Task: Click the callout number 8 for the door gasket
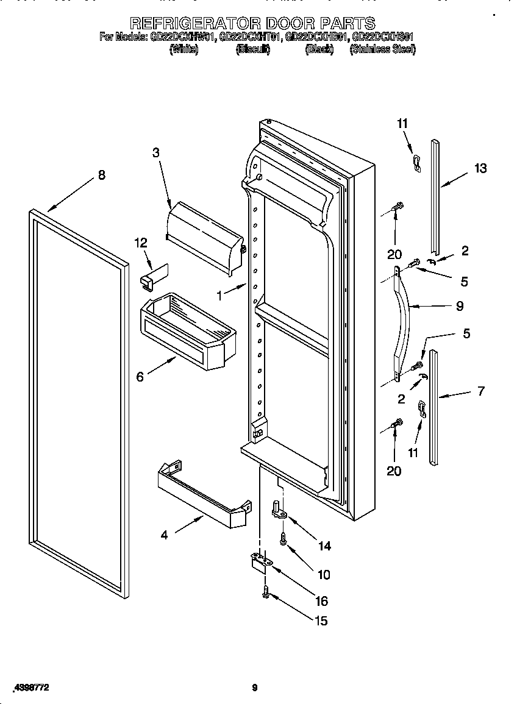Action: [101, 175]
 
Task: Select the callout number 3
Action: [156, 152]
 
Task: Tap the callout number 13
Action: [480, 168]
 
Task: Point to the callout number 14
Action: [324, 546]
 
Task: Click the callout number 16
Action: [321, 601]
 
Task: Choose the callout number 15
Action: [321, 620]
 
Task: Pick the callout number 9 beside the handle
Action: [459, 306]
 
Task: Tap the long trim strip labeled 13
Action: [435, 195]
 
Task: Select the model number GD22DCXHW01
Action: [182, 37]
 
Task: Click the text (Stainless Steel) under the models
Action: [382, 49]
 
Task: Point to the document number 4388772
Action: [30, 688]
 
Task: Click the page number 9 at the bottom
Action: [255, 688]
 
